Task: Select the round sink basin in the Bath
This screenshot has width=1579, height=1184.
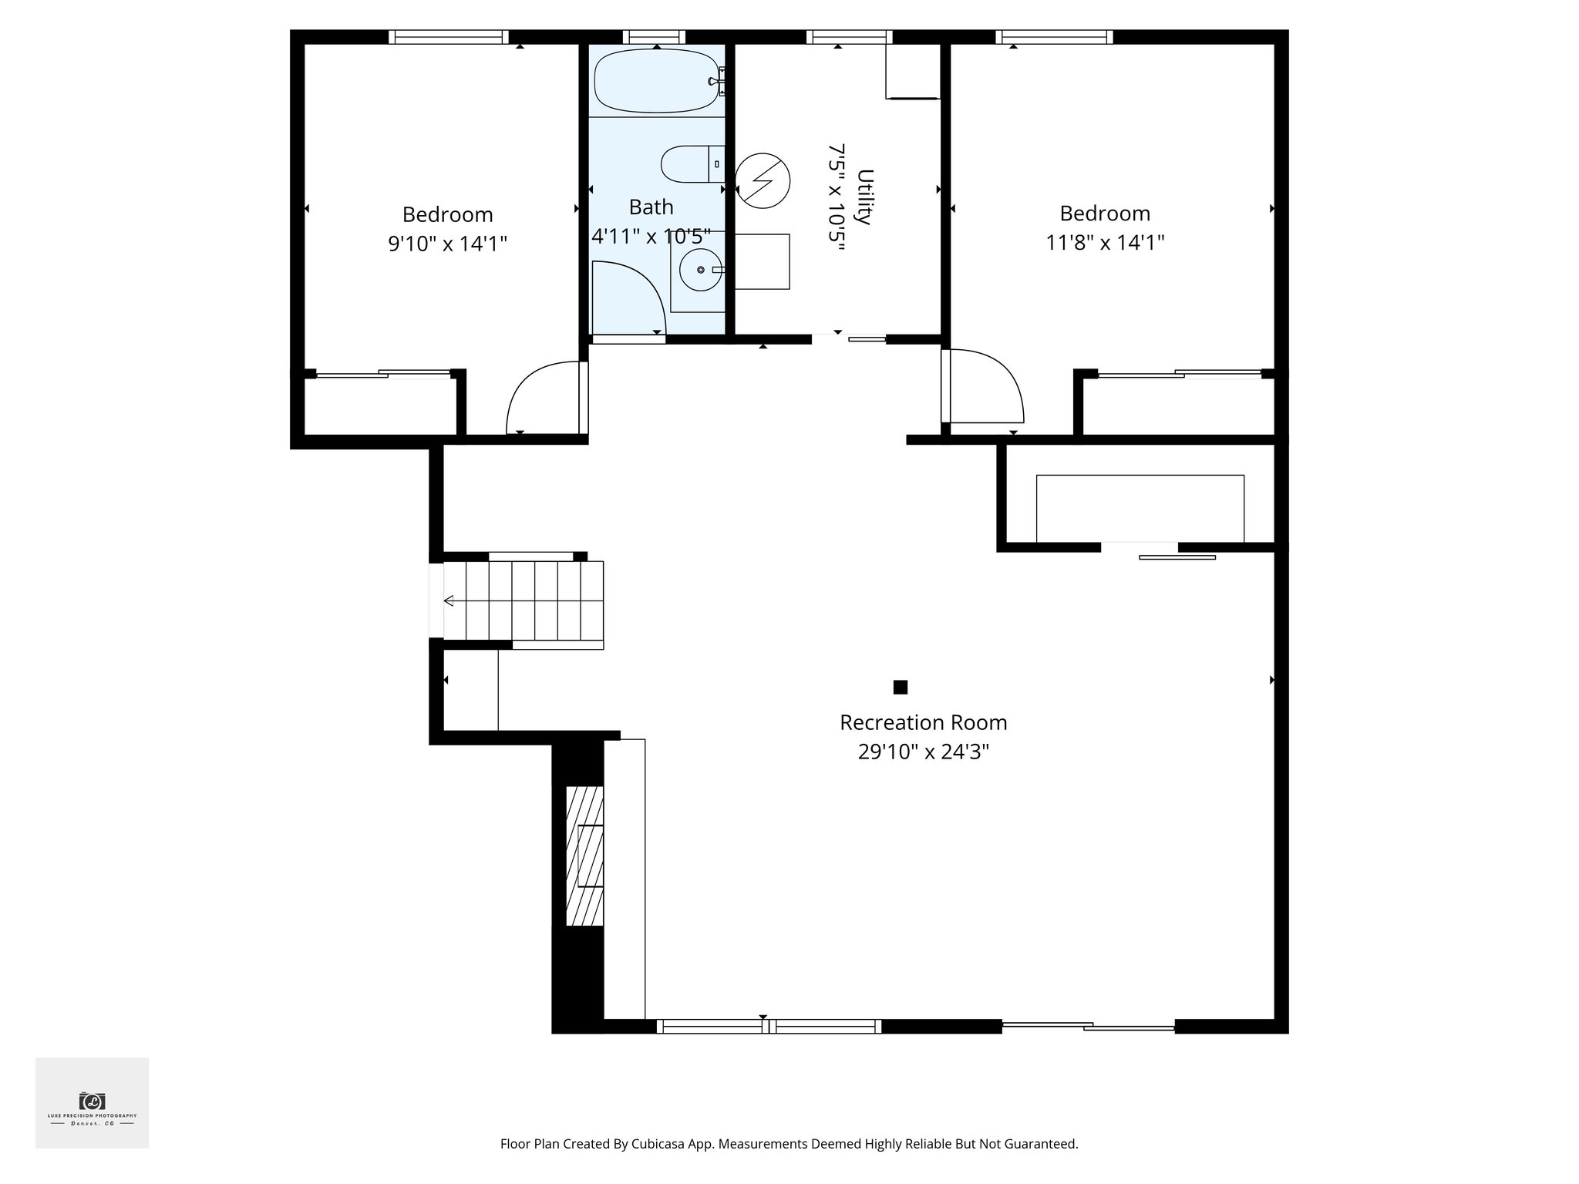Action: click(700, 270)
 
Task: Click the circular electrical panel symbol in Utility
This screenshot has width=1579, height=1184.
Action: click(763, 181)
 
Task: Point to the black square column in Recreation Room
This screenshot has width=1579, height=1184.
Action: click(900, 687)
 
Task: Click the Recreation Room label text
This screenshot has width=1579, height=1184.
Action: click(923, 723)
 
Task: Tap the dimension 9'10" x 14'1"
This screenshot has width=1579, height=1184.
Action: click(447, 244)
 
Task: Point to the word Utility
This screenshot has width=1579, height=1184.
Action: click(865, 197)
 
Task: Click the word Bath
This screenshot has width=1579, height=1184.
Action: click(651, 207)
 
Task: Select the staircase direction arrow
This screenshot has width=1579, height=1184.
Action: click(449, 600)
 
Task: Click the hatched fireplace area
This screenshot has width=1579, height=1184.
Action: click(584, 856)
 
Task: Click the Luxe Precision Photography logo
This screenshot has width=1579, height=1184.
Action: click(92, 1103)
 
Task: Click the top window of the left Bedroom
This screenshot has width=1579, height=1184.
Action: click(448, 36)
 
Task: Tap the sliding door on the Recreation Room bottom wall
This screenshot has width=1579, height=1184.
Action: click(1088, 1026)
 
